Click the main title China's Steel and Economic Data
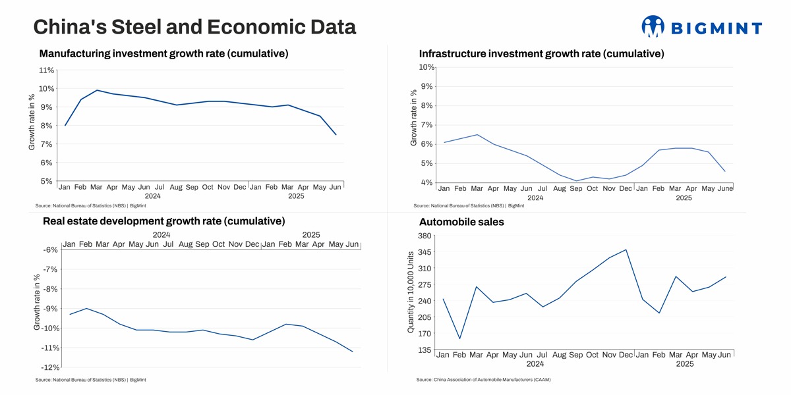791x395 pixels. tap(194, 27)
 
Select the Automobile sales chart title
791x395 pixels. tap(461, 222)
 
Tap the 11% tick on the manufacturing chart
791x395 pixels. tap(47, 70)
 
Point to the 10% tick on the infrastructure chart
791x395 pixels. tap(426, 67)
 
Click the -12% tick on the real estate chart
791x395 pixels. tap(51, 367)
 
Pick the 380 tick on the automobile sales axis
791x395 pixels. tap(425, 236)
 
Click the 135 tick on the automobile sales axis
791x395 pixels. tap(425, 350)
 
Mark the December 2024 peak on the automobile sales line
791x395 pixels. tap(626, 250)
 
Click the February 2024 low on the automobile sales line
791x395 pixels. tap(459, 339)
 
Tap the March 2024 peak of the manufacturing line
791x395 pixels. tap(97, 90)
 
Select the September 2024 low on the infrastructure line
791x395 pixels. tap(576, 181)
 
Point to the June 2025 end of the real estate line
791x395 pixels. tap(353, 352)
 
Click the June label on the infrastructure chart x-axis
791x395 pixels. tap(725, 188)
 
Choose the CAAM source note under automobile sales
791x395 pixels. tap(483, 380)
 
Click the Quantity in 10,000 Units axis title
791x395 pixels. tap(411, 291)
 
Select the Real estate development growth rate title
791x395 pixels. tap(163, 221)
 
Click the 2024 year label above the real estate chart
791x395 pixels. tap(161, 234)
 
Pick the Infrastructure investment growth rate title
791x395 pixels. tap(541, 54)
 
